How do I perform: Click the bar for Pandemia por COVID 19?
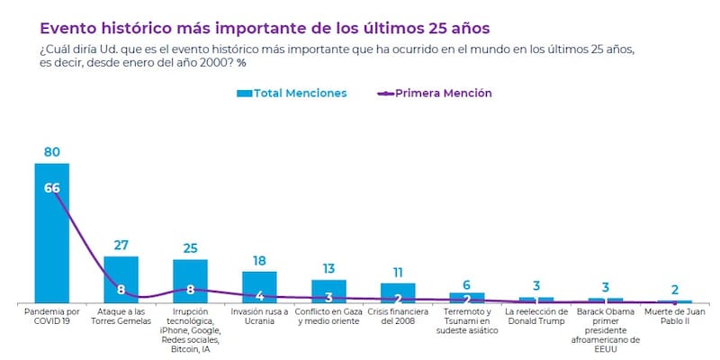coord(51,234)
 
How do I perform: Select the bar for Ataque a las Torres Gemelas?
coord(121,279)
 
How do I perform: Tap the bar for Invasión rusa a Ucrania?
coord(259,287)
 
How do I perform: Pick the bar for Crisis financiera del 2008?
coord(398,292)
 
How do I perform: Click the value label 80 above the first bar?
coord(51,152)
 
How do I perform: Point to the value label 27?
coord(121,245)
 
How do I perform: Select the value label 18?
coord(259,260)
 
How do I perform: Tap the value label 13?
coord(328,269)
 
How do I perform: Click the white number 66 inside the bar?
coord(51,187)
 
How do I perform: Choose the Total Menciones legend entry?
coord(291,93)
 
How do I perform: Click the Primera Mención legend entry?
coord(435,93)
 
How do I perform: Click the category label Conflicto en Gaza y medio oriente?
coord(328,317)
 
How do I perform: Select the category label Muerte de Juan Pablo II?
coord(675,317)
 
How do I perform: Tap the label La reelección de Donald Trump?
coord(536,317)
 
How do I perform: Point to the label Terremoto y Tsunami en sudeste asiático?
coord(467,321)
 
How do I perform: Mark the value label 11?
coord(398,272)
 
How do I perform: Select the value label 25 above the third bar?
coord(190,247)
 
